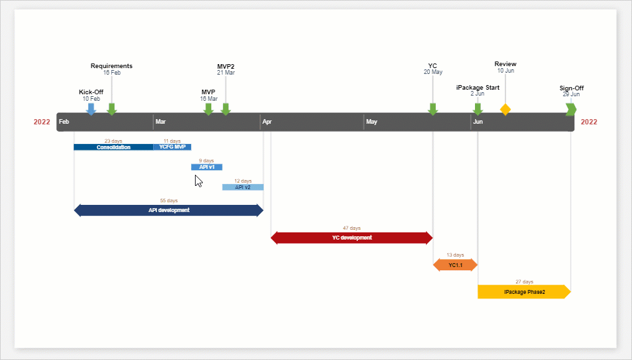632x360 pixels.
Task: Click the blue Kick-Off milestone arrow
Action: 91,109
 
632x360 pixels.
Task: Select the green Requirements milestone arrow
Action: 112,109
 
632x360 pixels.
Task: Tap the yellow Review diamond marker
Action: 505,109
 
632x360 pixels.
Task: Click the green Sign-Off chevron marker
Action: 571,109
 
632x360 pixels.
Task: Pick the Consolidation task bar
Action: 113,147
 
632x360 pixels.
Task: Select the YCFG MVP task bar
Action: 172,147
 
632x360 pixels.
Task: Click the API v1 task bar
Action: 206,167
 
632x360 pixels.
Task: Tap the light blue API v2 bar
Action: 243,187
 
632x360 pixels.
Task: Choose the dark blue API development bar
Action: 168,210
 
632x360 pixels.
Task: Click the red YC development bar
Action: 351,238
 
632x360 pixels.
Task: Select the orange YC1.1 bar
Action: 455,265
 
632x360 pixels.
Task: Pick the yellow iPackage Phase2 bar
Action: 523,292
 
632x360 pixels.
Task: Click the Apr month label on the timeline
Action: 267,122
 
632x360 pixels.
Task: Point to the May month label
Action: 372,122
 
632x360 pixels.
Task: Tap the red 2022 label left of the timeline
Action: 42,122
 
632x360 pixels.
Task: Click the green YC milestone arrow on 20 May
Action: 432,109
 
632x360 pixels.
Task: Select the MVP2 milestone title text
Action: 226,66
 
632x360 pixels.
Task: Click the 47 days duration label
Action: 351,228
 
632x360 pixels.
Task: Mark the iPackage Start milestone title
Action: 478,87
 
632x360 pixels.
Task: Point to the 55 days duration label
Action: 168,201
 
